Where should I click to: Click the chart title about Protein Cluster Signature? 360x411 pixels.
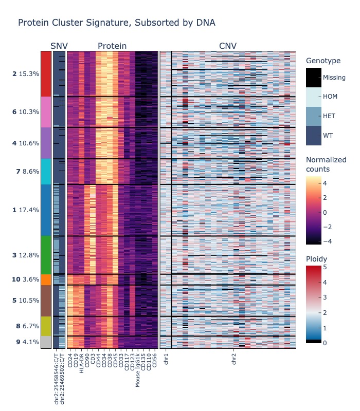click(x=116, y=23)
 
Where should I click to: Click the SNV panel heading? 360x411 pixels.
click(x=59, y=46)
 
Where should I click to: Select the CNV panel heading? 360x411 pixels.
click(x=228, y=46)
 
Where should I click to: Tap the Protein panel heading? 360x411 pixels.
click(x=112, y=46)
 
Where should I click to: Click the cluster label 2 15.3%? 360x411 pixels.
click(x=26, y=74)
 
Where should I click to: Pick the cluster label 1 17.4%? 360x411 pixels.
click(x=26, y=210)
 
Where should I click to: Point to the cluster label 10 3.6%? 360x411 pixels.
click(x=26, y=279)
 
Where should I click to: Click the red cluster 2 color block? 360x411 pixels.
click(x=46, y=73)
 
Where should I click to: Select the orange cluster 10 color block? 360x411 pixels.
click(x=46, y=279)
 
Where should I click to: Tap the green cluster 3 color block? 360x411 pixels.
click(x=46, y=255)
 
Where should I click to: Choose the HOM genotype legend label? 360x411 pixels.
click(x=329, y=97)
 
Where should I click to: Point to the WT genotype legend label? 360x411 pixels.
click(x=328, y=136)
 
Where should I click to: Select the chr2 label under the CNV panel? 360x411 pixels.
click(x=234, y=359)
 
